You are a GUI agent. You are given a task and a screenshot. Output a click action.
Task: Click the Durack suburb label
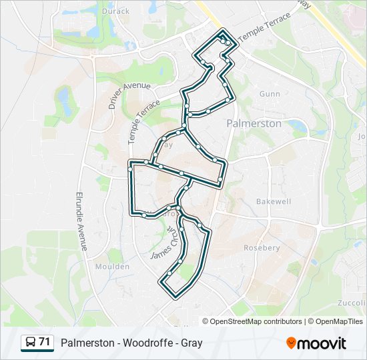[x=116, y=11]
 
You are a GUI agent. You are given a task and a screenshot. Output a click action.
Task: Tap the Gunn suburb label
[x=270, y=95]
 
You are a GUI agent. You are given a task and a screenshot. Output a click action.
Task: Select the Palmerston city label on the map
[x=254, y=123]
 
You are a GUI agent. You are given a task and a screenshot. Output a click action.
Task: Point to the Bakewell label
[x=274, y=201]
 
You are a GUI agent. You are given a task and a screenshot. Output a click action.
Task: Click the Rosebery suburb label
[x=262, y=247]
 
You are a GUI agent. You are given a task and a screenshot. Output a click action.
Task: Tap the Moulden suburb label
[x=112, y=267]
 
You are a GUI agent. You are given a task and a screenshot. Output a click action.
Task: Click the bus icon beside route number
[x=31, y=343]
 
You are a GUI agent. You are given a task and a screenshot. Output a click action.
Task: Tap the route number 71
[x=45, y=343]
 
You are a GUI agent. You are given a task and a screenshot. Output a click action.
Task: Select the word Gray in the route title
[x=191, y=343]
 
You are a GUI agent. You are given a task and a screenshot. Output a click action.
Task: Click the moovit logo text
[x=322, y=343]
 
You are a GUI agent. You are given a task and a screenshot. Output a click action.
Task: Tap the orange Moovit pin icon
[x=291, y=343]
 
